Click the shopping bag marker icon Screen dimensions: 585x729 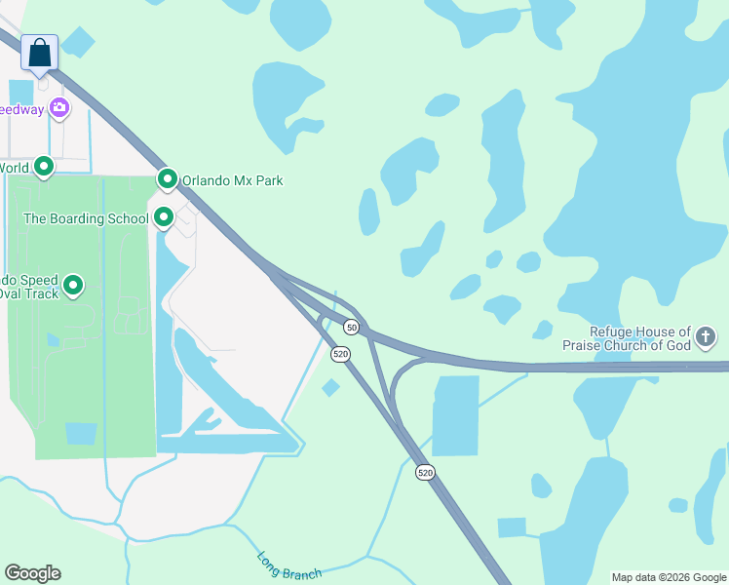tap(39, 52)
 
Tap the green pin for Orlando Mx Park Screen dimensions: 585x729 tap(167, 179)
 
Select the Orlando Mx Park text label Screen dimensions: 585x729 tap(233, 180)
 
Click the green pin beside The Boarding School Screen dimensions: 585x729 tap(164, 217)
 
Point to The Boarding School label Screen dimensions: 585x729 tap(86, 218)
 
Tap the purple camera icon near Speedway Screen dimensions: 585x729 tap(59, 108)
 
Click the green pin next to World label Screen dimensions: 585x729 tap(44, 168)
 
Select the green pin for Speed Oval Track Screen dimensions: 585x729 tap(73, 287)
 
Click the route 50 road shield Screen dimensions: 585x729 tap(351, 327)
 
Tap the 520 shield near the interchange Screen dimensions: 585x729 tap(340, 354)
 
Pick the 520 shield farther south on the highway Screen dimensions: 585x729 tap(425, 472)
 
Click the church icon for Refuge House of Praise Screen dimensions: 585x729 tap(706, 338)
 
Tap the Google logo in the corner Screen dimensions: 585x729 tap(32, 573)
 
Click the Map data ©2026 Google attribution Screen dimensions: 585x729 tap(670, 577)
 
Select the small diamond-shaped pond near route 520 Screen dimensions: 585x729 tap(330, 388)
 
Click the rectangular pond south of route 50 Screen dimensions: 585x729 tap(455, 415)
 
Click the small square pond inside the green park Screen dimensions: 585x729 tap(81, 433)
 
